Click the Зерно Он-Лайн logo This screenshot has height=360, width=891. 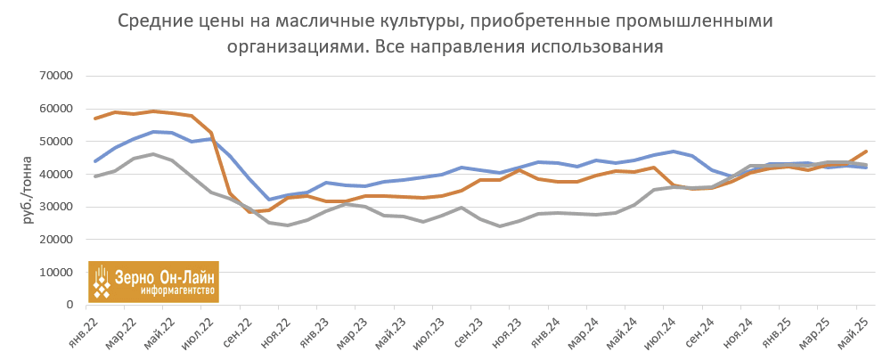[x=152, y=282]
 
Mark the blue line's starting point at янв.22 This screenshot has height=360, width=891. [x=95, y=161]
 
